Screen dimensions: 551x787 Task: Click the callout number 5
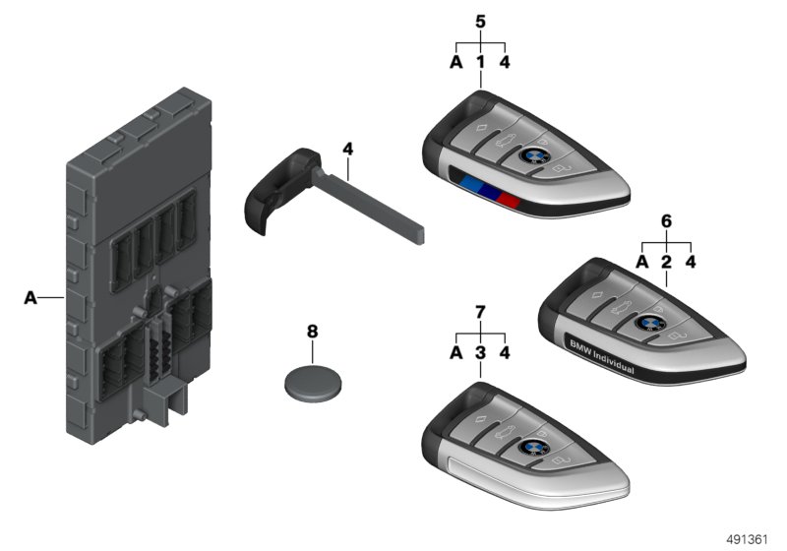pos(480,22)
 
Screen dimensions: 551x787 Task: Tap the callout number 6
pos(666,220)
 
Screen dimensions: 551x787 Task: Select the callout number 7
pos(480,313)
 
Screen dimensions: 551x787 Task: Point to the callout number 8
pos(313,332)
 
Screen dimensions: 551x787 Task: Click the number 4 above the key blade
pos(347,149)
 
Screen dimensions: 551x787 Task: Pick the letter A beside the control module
pos(30,297)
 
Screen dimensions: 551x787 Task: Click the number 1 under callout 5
pos(480,62)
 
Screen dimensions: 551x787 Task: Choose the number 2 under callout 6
pos(666,262)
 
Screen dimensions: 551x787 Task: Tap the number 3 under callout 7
pos(480,352)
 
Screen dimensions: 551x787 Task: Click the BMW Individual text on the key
pos(601,358)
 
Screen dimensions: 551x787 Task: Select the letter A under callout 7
pos(456,352)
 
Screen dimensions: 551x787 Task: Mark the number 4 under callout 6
pos(691,262)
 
